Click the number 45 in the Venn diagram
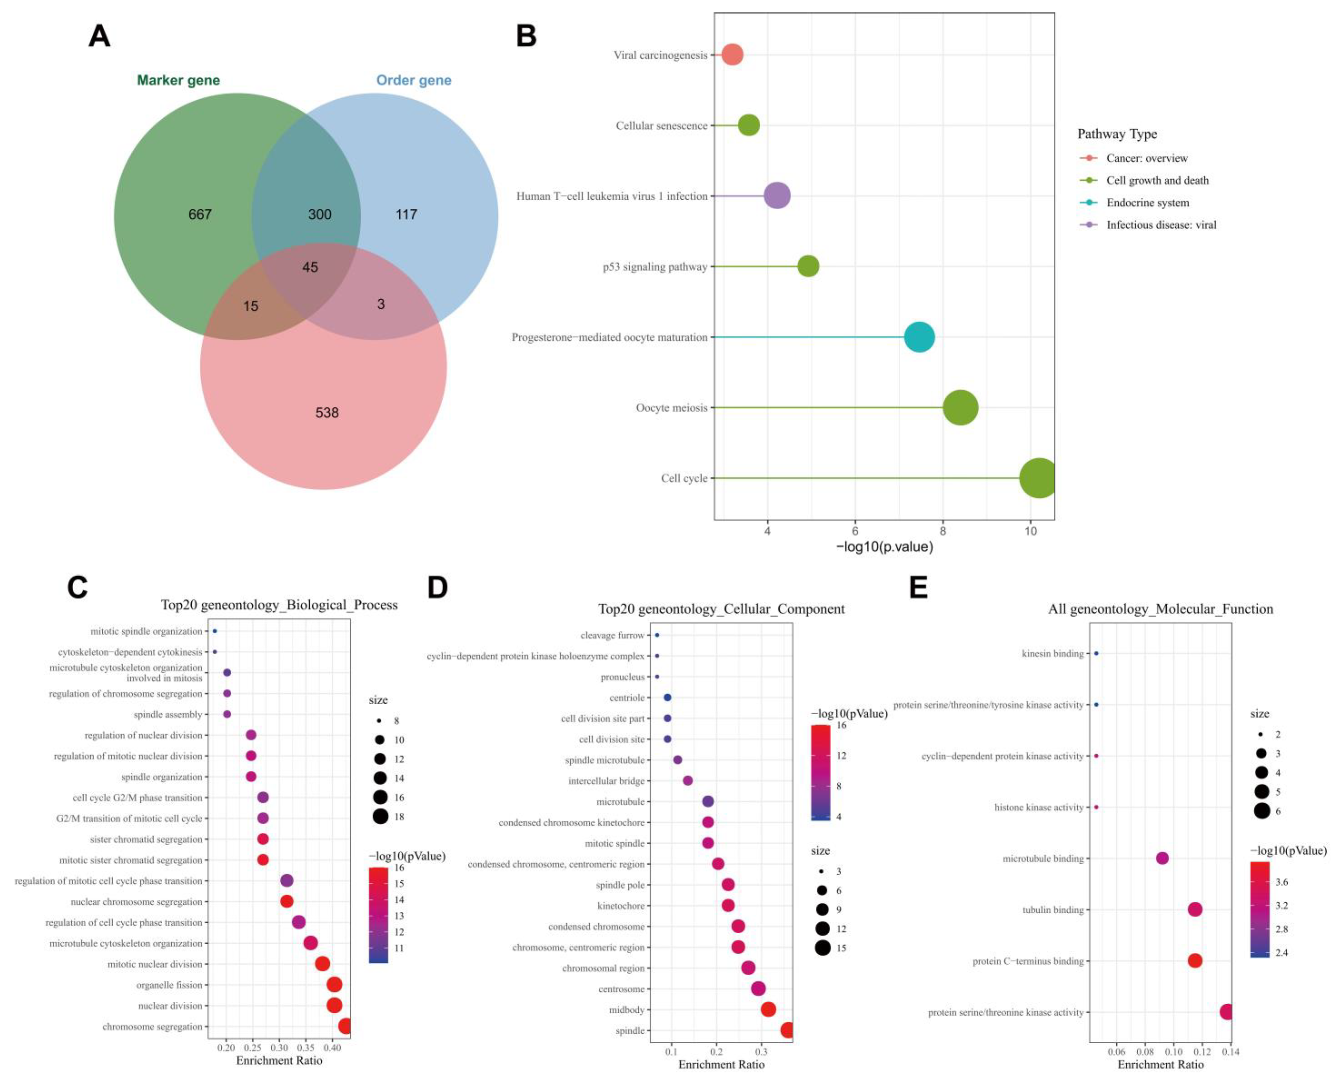(310, 267)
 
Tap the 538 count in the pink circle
(327, 412)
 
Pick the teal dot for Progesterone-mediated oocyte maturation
(919, 337)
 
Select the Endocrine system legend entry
(1148, 203)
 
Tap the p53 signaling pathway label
(655, 267)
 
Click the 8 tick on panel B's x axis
(943, 531)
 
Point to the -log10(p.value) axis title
(884, 547)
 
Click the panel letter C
(77, 587)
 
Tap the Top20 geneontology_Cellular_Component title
(721, 609)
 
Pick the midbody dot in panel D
(768, 1009)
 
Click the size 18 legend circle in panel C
(380, 816)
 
